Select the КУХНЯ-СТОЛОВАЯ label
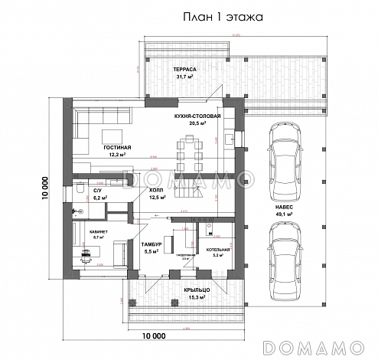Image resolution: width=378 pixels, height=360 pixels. [197, 115]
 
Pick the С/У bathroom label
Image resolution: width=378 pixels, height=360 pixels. [99, 189]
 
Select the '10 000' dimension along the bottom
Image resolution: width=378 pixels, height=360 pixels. [154, 335]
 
